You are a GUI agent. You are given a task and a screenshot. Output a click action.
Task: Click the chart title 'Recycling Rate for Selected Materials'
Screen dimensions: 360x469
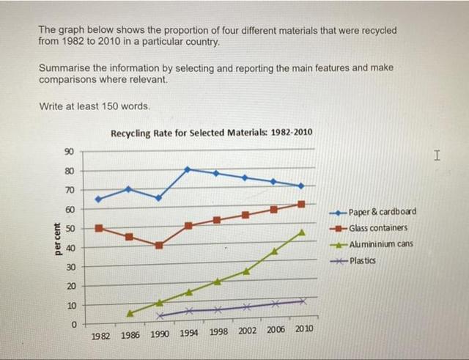(211, 133)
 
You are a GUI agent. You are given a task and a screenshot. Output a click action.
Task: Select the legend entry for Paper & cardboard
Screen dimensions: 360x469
(382, 211)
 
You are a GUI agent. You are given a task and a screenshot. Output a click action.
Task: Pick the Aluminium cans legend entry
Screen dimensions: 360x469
(380, 244)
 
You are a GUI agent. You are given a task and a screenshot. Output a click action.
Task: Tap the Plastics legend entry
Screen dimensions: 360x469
(362, 261)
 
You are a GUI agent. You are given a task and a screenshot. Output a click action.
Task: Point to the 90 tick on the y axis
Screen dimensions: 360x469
(69, 152)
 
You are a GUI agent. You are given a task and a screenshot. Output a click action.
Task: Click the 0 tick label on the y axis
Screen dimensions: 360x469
(73, 324)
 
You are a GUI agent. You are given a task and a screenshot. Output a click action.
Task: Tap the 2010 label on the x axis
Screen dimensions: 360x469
(304, 329)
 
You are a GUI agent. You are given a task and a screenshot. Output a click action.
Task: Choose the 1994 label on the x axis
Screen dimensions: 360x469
(189, 331)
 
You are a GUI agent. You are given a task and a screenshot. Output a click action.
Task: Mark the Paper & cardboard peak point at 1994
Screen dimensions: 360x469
(188, 169)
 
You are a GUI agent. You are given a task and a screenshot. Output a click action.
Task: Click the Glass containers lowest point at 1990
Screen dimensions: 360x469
(158, 245)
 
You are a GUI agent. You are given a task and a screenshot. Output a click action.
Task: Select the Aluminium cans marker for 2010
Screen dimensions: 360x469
(302, 232)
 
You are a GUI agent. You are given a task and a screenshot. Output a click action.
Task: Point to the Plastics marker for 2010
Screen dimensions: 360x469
(302, 301)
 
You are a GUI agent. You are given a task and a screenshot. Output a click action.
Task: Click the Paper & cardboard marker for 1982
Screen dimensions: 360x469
(99, 199)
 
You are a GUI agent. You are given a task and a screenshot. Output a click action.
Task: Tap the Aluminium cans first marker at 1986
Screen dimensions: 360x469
(130, 313)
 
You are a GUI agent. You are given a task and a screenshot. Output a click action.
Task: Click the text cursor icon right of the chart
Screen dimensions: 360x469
(437, 155)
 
